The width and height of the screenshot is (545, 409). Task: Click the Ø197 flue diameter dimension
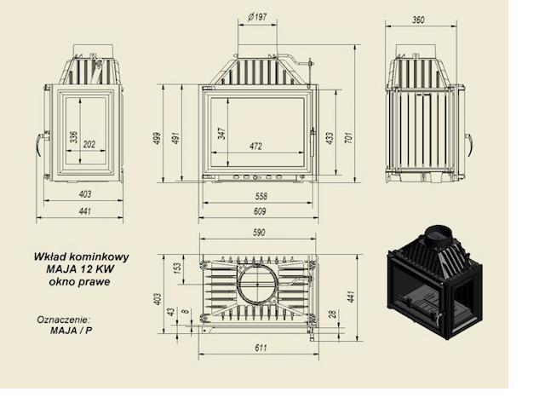(257, 17)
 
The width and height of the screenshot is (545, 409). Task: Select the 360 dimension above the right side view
(418, 20)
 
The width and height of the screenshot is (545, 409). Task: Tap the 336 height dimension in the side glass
(74, 137)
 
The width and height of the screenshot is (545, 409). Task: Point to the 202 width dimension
(89, 144)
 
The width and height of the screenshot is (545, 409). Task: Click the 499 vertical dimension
(158, 138)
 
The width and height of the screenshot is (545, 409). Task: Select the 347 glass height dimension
(221, 134)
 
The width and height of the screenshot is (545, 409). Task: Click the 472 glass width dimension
(255, 146)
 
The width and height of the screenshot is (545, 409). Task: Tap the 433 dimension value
(330, 138)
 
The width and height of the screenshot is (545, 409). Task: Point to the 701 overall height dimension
(348, 138)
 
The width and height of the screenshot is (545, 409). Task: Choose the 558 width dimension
(261, 196)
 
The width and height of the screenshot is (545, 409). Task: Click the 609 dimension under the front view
(260, 211)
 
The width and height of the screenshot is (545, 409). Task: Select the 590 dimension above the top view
(259, 233)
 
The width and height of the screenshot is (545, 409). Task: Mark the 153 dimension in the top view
(177, 268)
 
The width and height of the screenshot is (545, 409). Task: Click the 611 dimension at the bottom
(261, 348)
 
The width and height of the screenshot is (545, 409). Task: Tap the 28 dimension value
(333, 314)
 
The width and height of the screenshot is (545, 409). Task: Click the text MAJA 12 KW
(80, 269)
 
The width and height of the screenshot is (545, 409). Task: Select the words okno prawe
(79, 281)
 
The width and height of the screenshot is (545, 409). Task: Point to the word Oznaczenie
(64, 320)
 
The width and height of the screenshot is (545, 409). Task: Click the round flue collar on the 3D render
(439, 236)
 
